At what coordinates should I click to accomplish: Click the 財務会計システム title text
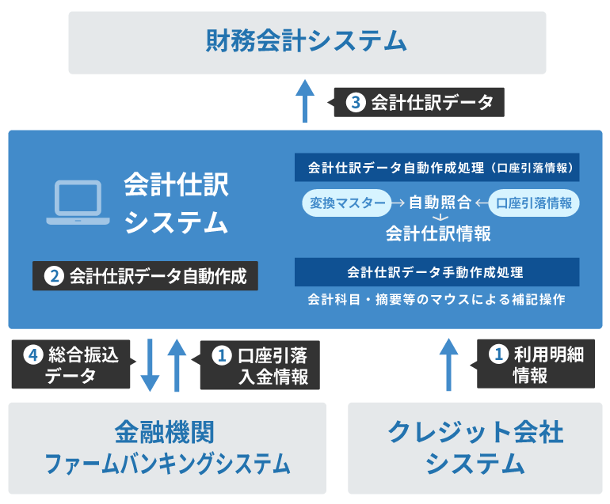click(x=306, y=41)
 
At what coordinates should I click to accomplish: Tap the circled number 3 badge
click(x=356, y=103)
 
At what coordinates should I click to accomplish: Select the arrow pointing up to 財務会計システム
click(x=305, y=101)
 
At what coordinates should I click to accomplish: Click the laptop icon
click(x=78, y=203)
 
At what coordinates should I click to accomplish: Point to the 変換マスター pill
click(x=347, y=203)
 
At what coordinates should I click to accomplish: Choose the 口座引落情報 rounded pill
click(x=534, y=203)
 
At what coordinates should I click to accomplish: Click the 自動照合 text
click(x=440, y=203)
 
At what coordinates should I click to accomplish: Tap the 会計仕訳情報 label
click(x=438, y=233)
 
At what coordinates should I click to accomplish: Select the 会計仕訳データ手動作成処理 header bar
click(x=437, y=272)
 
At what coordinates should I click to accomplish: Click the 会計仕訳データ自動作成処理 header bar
click(x=437, y=168)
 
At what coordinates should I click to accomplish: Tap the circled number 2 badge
click(x=54, y=276)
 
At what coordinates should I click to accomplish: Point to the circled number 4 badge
click(x=33, y=354)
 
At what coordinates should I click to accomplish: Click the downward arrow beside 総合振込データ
click(x=150, y=365)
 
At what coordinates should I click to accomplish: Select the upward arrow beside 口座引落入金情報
click(x=177, y=365)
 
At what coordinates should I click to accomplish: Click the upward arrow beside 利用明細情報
click(x=448, y=365)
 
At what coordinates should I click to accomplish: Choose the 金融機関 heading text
click(x=165, y=432)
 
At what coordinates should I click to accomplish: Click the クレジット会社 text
click(x=475, y=432)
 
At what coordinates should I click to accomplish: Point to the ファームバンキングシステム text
click(x=167, y=464)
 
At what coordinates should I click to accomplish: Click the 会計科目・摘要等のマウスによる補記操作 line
click(x=437, y=299)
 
